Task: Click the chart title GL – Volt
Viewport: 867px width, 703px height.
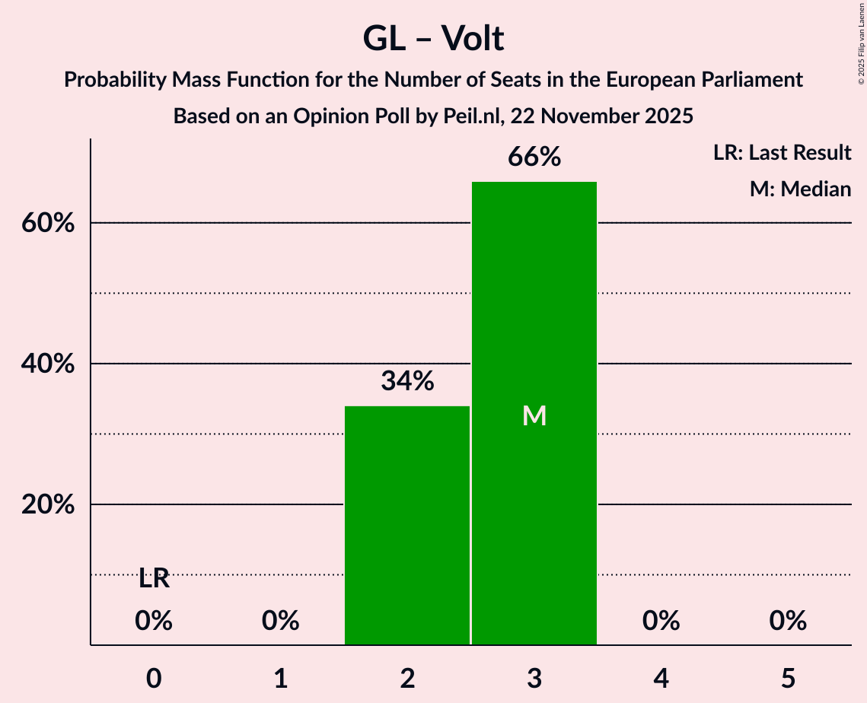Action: click(433, 38)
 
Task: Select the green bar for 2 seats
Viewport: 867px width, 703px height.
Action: click(407, 525)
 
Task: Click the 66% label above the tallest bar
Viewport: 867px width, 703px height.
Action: click(534, 157)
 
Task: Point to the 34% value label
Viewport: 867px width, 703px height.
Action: click(407, 381)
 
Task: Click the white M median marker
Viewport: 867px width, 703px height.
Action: click(534, 415)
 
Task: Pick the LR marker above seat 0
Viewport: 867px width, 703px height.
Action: click(154, 579)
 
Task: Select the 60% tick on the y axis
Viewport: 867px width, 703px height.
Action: click(48, 224)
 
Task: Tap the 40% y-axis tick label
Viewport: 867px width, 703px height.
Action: click(48, 364)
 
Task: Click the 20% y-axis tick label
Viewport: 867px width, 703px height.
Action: click(48, 505)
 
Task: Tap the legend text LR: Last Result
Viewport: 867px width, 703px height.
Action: click(782, 153)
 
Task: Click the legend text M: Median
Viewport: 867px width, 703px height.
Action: click(800, 189)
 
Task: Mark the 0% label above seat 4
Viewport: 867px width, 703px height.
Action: click(661, 621)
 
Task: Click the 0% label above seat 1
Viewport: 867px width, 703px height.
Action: click(281, 621)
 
